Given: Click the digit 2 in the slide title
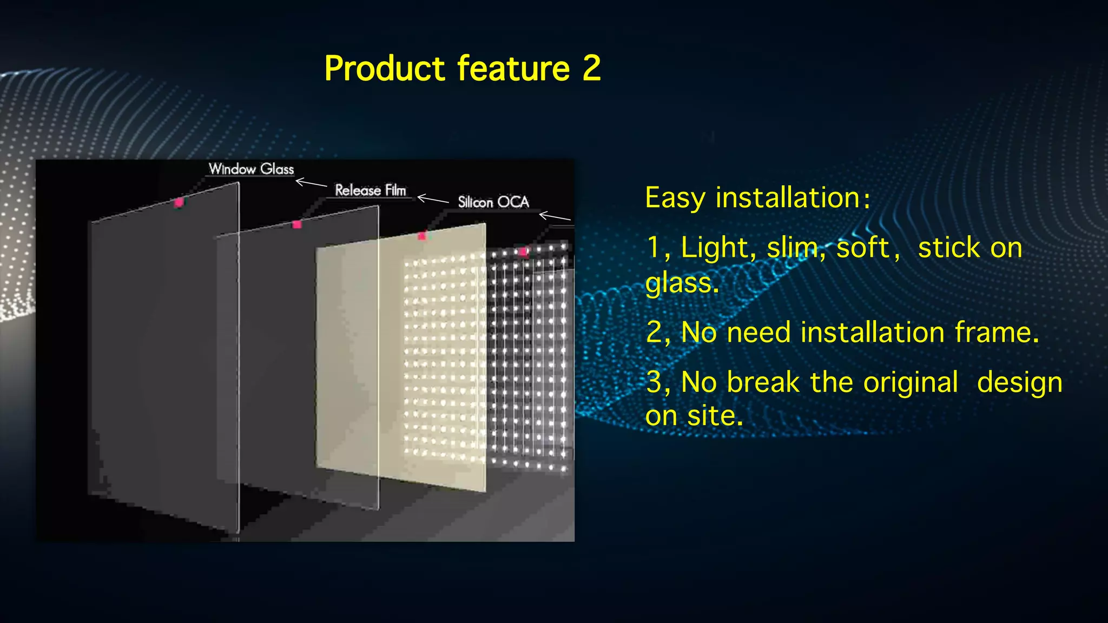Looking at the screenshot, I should (x=591, y=69).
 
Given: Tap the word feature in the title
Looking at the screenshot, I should (x=513, y=69).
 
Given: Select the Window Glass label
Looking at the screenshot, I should (x=252, y=169).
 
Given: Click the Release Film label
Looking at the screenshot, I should (x=371, y=190).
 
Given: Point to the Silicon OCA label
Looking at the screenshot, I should (x=493, y=202).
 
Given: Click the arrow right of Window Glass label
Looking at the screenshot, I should (x=311, y=183).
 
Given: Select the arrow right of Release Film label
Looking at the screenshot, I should (x=433, y=199).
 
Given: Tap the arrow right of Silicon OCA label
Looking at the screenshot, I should (x=555, y=217).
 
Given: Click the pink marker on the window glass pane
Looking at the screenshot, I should (x=179, y=202).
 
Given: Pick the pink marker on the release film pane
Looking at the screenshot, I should (x=296, y=224).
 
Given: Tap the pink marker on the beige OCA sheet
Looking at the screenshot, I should (x=422, y=236).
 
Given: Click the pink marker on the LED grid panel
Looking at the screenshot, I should (x=523, y=252).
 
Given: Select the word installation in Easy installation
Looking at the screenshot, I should (x=788, y=198).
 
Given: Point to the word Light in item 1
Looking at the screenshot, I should (x=714, y=248).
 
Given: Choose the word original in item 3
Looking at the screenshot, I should (x=911, y=383).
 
